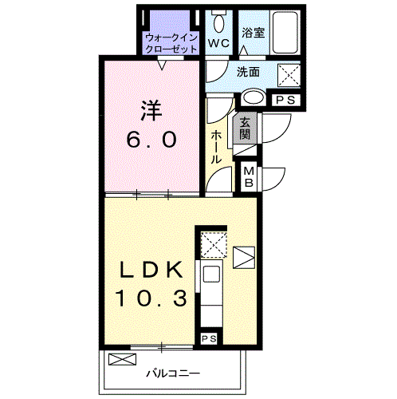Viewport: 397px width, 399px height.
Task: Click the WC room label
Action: [218, 42]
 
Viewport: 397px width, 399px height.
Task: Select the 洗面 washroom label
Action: [247, 72]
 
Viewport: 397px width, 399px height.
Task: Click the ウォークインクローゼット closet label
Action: [171, 42]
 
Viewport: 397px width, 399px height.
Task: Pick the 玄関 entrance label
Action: [244, 129]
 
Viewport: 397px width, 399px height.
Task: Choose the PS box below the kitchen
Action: [209, 338]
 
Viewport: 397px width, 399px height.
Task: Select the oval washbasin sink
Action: [253, 99]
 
